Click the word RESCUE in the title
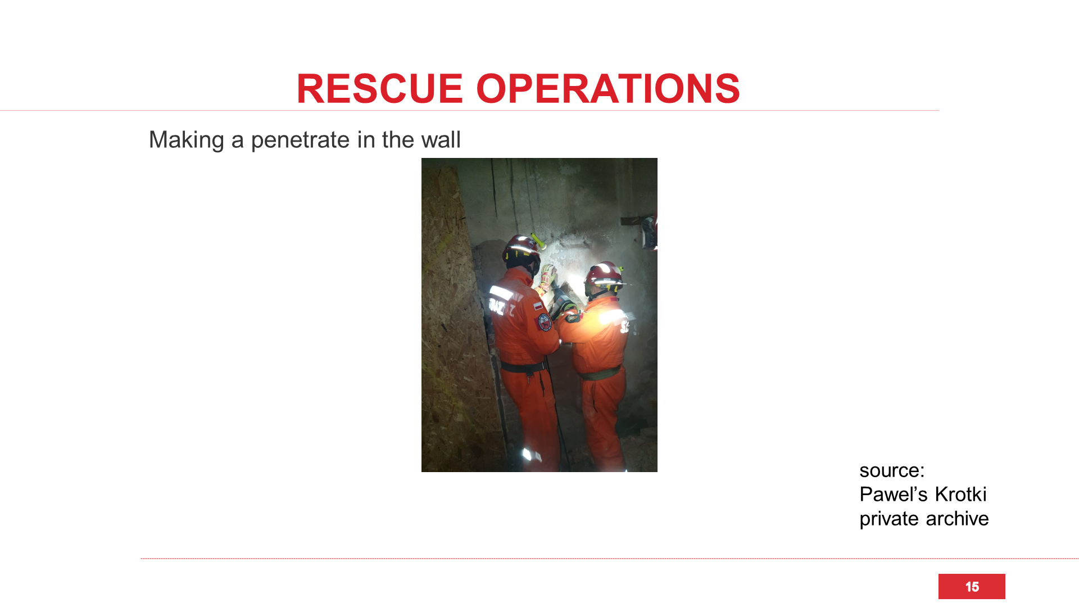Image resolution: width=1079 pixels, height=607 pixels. click(x=379, y=89)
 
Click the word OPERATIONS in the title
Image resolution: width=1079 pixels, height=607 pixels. click(x=608, y=89)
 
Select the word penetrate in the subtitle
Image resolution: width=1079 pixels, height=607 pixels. click(x=301, y=141)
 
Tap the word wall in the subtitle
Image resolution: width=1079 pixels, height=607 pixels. click(x=441, y=139)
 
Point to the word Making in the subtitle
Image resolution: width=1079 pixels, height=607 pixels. click(x=186, y=141)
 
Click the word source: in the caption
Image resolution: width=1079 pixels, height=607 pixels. click(x=892, y=470)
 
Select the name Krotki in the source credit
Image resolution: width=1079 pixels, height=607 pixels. click(x=960, y=495)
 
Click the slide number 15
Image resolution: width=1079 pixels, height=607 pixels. click(x=972, y=587)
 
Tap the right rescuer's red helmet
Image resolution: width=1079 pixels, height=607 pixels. click(x=603, y=275)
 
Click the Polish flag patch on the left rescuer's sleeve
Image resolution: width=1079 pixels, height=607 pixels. click(x=538, y=306)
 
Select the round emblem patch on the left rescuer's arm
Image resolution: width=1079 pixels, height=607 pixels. click(x=545, y=322)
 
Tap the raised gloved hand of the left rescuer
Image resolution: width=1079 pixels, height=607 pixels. click(x=547, y=276)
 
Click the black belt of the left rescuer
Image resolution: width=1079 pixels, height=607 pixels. click(x=523, y=367)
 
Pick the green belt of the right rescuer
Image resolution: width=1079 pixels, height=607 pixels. click(x=600, y=373)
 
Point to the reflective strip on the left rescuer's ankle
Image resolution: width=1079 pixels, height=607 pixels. click(x=528, y=455)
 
